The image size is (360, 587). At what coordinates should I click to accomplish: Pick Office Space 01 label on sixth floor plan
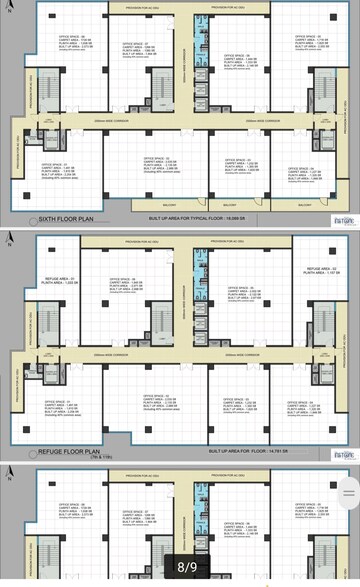click(56, 169)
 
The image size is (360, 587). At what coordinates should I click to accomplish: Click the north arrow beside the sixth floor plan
click(9, 9)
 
